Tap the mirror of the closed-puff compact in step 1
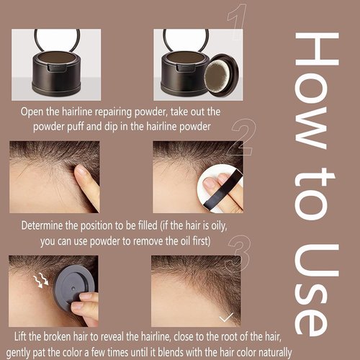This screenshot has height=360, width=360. click(56, 40)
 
